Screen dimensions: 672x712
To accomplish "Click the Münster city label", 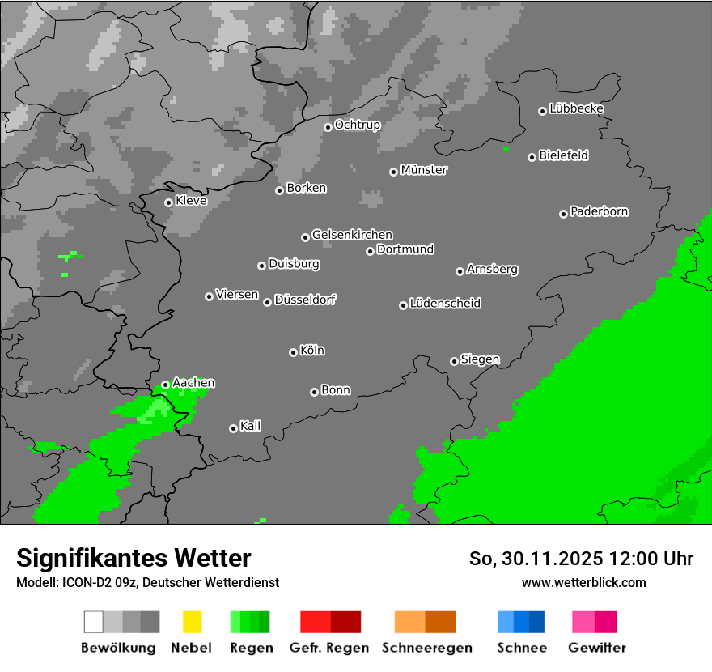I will (x=424, y=170).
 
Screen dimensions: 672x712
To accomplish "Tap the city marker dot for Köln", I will (x=293, y=352).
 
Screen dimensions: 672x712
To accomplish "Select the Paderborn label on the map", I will (x=599, y=211).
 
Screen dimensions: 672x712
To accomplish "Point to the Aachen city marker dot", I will (x=165, y=385).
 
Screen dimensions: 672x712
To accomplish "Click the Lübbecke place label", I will (x=576, y=108).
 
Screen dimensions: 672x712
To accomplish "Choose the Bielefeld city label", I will (x=563, y=155).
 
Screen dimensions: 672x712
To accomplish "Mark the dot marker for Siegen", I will (x=454, y=361).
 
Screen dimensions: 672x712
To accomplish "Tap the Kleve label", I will (x=191, y=201).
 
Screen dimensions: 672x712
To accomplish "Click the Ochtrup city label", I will (x=357, y=125).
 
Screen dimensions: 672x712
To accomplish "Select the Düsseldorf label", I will (x=305, y=300).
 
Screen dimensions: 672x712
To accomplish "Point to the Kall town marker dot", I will (x=233, y=428).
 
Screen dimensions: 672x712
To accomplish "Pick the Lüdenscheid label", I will (x=445, y=304).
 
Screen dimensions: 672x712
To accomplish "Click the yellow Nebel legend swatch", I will (x=192, y=622).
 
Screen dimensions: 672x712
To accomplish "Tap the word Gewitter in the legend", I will (x=597, y=648).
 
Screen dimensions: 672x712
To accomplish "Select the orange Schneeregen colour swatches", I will (x=425, y=622).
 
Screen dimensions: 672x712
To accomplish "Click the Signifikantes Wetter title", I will (x=133, y=558).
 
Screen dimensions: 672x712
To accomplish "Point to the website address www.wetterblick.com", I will (x=583, y=582).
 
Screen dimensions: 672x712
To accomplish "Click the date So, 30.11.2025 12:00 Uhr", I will (x=581, y=559).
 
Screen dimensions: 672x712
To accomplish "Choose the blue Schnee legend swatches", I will (x=521, y=622).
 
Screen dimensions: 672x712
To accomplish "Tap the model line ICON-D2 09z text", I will (x=147, y=582).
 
